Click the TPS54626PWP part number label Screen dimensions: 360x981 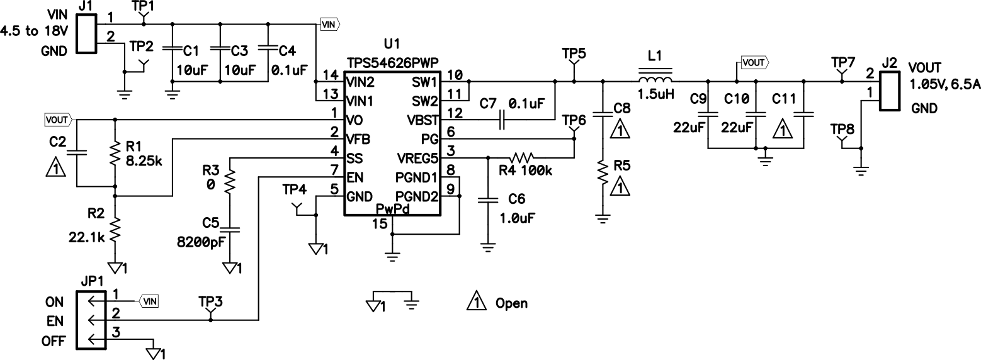[392, 63]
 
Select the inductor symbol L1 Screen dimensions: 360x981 [655, 80]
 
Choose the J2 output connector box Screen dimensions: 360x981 [890, 92]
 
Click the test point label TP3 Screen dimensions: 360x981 [210, 300]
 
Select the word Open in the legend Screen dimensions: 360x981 [512, 303]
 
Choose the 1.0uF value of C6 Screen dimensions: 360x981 [517, 219]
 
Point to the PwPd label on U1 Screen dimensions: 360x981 [392, 209]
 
